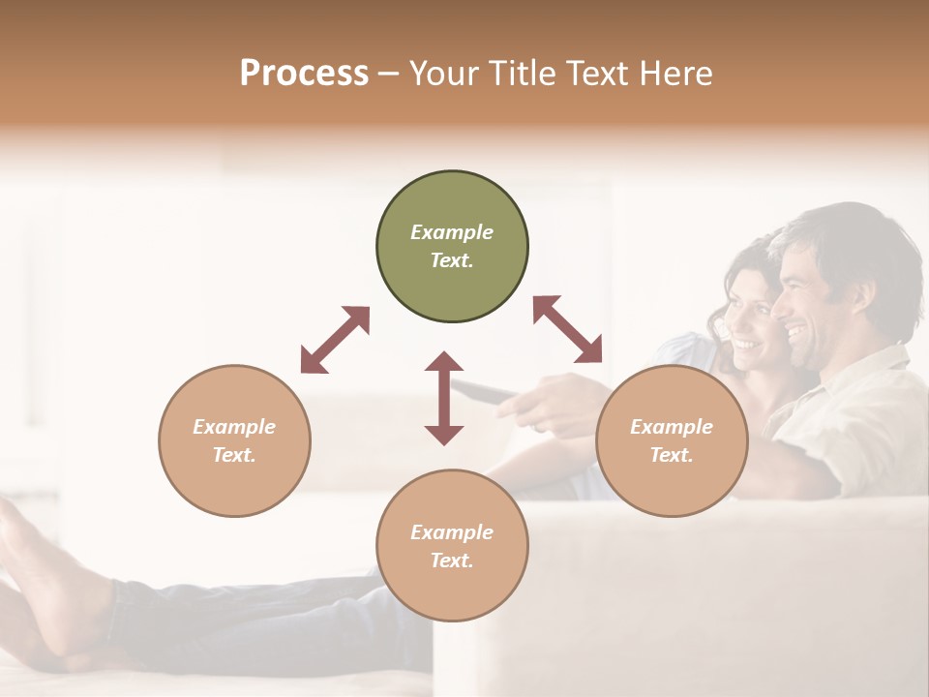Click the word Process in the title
coord(304,74)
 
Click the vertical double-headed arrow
coord(444,398)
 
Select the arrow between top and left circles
coord(335,340)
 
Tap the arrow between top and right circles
coord(567,329)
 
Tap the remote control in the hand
coord(484,391)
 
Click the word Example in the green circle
coord(452,232)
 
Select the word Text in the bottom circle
coord(451,561)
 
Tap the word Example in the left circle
coord(234,427)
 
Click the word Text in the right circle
coord(672,455)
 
